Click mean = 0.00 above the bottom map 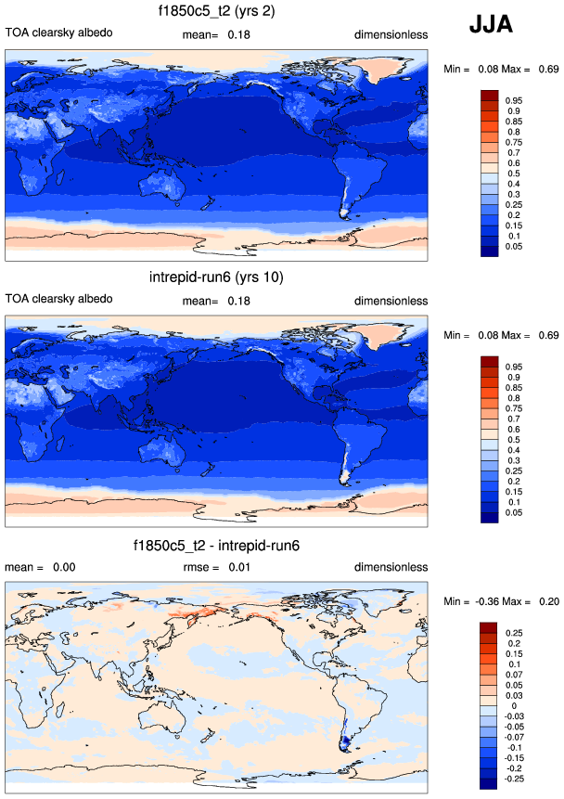(x=40, y=566)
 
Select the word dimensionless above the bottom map (x=391, y=566)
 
